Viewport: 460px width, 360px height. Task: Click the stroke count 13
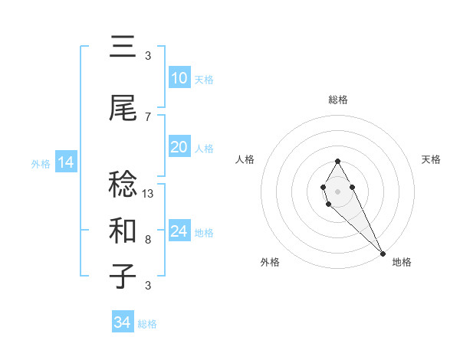148,194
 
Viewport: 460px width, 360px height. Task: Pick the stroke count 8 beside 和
148,240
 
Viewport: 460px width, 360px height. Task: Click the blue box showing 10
179,78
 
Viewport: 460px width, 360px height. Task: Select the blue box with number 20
179,147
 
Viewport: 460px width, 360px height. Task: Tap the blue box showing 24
179,231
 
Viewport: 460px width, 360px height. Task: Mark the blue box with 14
65,162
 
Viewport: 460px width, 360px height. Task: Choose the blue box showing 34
122,322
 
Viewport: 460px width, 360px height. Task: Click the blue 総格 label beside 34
147,324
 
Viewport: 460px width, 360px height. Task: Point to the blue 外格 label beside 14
41,163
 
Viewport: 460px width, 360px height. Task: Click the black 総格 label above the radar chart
338,100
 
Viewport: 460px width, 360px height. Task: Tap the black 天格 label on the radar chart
431,159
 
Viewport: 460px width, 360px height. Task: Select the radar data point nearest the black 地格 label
382,254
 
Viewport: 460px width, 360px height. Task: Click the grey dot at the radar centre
337,190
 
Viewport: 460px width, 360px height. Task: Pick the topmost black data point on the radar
337,161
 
